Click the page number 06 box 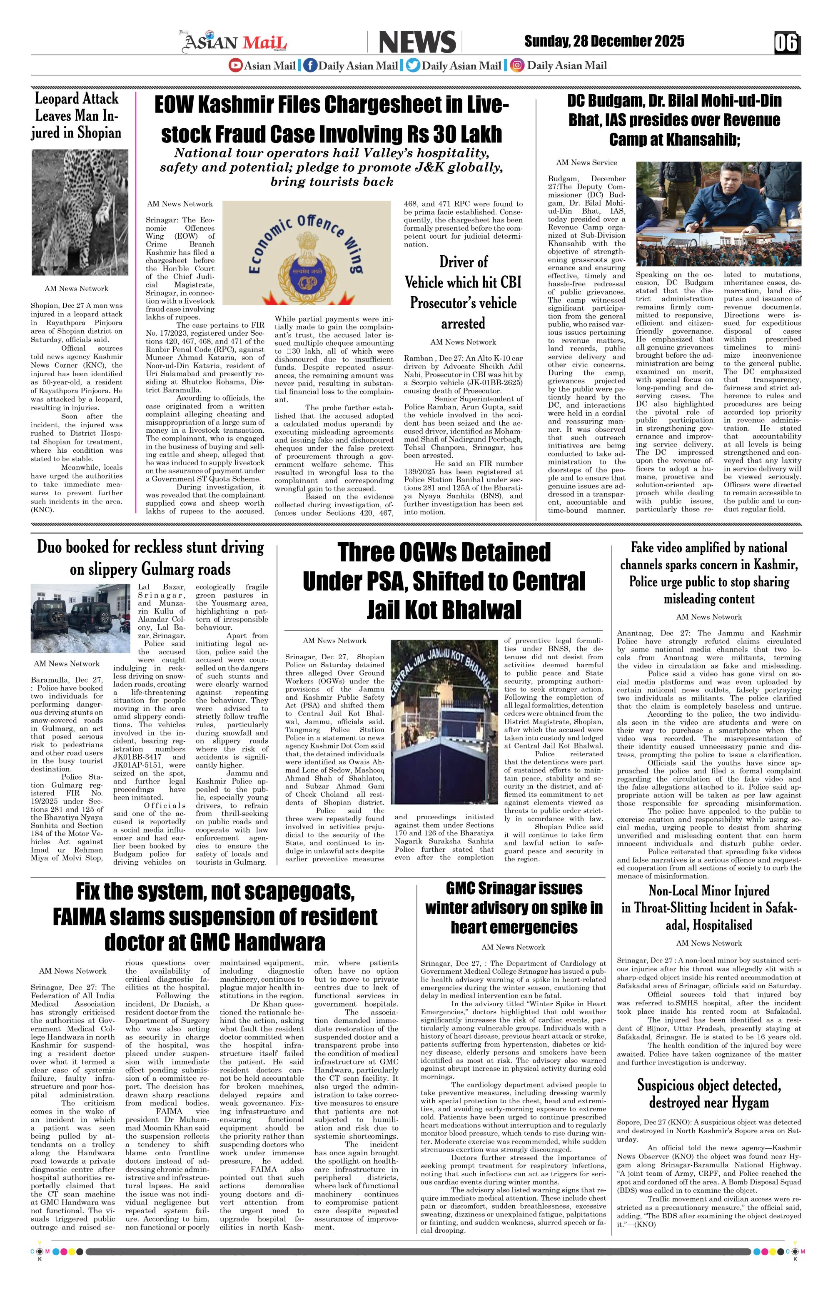coord(786,43)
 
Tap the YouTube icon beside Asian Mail coord(235,65)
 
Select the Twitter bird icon coord(413,65)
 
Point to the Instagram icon coord(518,65)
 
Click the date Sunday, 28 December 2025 coord(604,42)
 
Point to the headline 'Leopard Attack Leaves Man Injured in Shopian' coord(76,116)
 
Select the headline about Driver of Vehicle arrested coord(463,292)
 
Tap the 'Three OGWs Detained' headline coord(444,581)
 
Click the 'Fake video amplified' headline coord(708,573)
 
